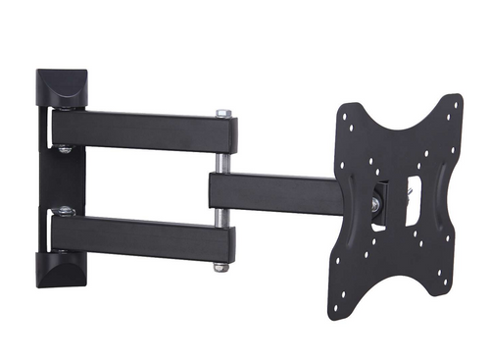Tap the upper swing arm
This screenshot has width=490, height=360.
(137, 130)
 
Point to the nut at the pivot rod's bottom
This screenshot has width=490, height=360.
(221, 266)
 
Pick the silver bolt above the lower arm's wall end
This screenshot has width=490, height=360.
(66, 209)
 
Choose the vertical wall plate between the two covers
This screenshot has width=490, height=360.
(44, 181)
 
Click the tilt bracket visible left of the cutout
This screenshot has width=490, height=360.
(387, 201)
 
